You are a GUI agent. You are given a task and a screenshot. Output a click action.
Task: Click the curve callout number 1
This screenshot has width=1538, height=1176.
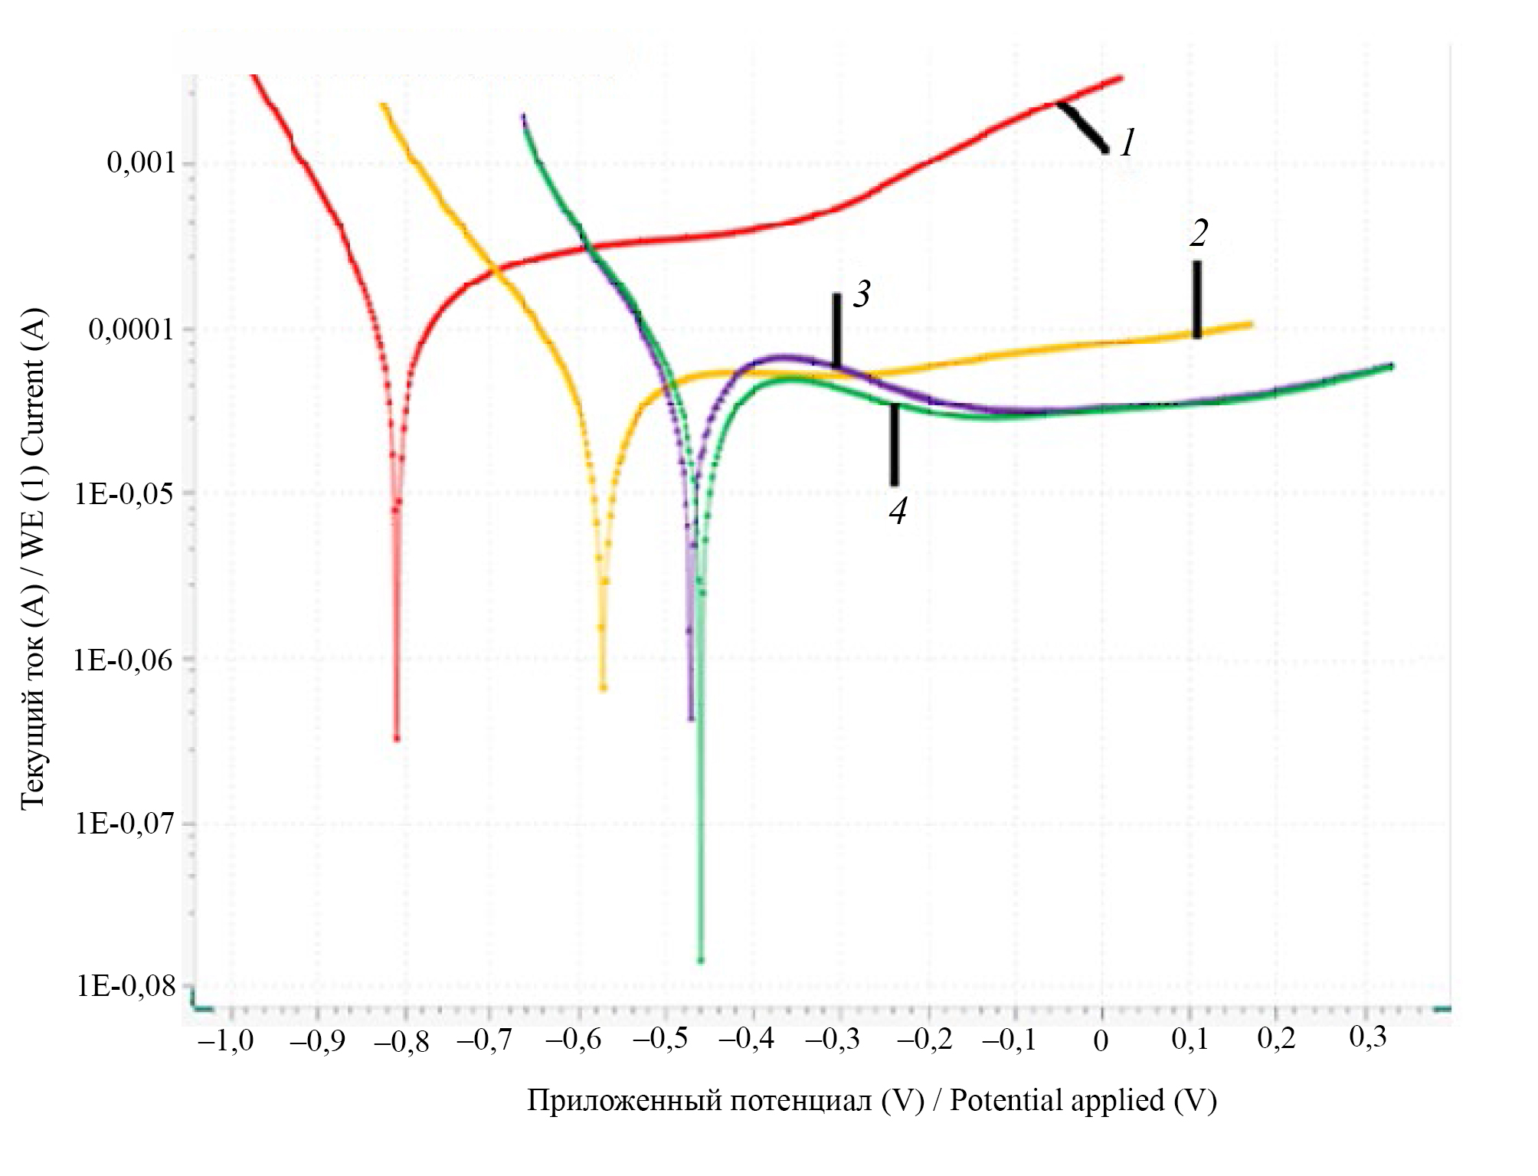click(1127, 142)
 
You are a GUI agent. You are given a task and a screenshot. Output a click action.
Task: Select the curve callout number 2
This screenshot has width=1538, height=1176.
click(1199, 233)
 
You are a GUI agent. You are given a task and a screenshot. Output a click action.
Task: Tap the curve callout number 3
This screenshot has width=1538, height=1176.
click(862, 294)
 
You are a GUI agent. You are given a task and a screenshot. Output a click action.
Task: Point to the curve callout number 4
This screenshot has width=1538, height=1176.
click(898, 510)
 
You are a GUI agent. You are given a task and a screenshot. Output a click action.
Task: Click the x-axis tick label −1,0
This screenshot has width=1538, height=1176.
click(226, 1040)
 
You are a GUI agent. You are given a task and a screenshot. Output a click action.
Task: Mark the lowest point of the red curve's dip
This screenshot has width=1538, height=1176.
click(397, 739)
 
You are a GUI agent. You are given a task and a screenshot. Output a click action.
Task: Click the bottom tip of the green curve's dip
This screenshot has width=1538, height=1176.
click(700, 960)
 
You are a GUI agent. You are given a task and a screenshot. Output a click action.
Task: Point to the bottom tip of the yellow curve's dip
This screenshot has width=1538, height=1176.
click(604, 687)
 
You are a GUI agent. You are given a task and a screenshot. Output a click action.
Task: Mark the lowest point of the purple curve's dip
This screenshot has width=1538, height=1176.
click(691, 719)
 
